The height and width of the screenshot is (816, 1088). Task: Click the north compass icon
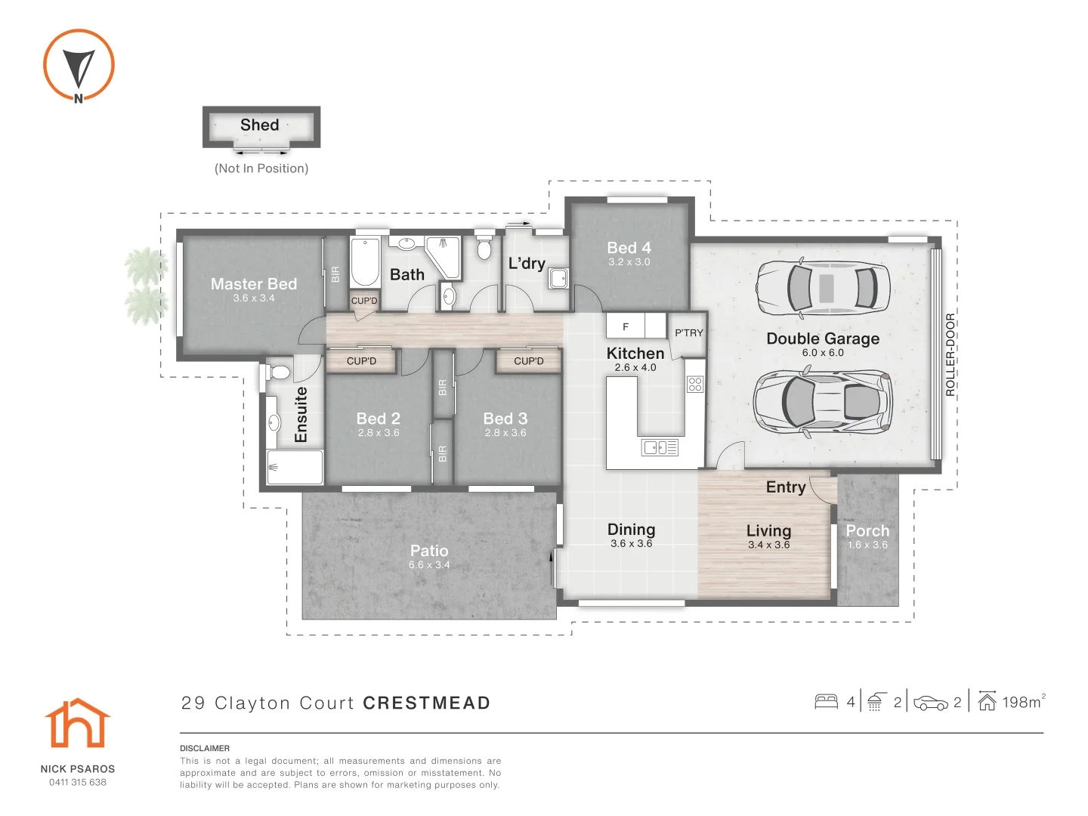tap(79, 65)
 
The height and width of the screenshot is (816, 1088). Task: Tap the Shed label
tap(260, 125)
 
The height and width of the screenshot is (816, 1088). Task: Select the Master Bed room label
tap(254, 284)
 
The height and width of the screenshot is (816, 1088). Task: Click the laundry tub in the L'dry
tap(558, 278)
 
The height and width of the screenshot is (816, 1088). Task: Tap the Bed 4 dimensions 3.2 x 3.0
tap(629, 262)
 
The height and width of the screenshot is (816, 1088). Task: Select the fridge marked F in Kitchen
tap(626, 326)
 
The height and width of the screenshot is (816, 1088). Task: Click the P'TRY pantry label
tap(688, 332)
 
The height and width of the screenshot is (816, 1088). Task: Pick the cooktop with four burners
tap(695, 384)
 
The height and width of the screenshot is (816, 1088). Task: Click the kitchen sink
tap(660, 447)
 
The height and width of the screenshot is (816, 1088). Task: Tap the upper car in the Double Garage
tap(823, 287)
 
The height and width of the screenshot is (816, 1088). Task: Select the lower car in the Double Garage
tap(823, 402)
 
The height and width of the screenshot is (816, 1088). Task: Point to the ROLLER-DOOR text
tap(950, 354)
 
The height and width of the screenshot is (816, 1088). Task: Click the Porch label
tap(867, 531)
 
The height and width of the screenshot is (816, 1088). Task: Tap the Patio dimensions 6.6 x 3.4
tap(429, 565)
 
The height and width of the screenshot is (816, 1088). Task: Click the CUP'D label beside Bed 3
tap(528, 361)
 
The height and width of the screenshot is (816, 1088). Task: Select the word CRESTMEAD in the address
tap(427, 703)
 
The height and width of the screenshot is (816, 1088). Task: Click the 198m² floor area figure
tap(1022, 703)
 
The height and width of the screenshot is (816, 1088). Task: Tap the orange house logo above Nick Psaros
tap(78, 724)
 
